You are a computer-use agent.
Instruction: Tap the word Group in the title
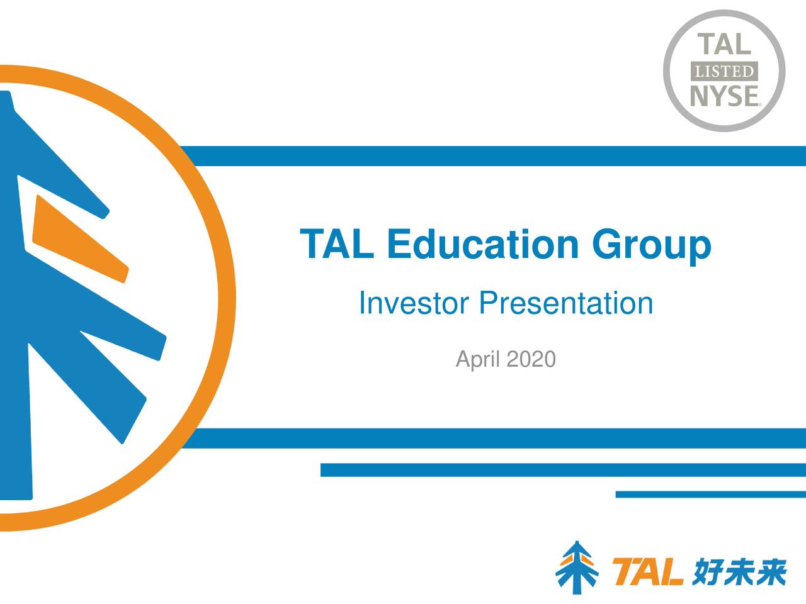651,245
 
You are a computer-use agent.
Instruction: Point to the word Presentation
565,303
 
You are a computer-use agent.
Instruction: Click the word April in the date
478,360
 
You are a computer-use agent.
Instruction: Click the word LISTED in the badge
724,71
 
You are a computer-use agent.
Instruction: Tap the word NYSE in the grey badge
724,96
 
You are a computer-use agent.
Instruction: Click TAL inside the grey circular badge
724,45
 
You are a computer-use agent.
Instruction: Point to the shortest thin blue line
710,495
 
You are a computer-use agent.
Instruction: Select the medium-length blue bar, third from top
563,470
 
